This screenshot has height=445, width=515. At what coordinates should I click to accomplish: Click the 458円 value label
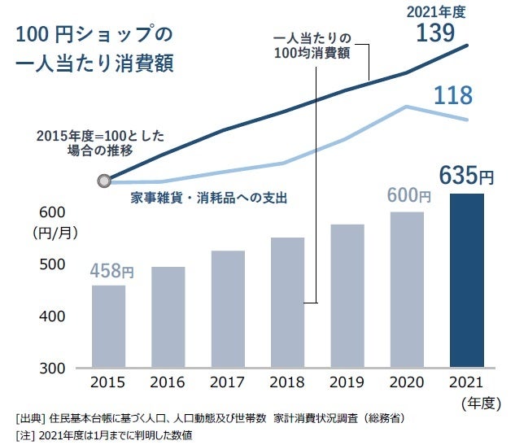point(112,271)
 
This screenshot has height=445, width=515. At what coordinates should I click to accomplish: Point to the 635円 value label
point(466,175)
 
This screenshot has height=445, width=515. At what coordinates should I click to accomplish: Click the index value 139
point(440,33)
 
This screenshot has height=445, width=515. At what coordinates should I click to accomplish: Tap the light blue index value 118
point(452,96)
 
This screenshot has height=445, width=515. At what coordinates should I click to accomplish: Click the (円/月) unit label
point(55,233)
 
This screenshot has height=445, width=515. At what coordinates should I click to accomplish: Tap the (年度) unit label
point(482,401)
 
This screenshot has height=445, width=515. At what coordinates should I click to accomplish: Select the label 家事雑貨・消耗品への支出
point(209,198)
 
